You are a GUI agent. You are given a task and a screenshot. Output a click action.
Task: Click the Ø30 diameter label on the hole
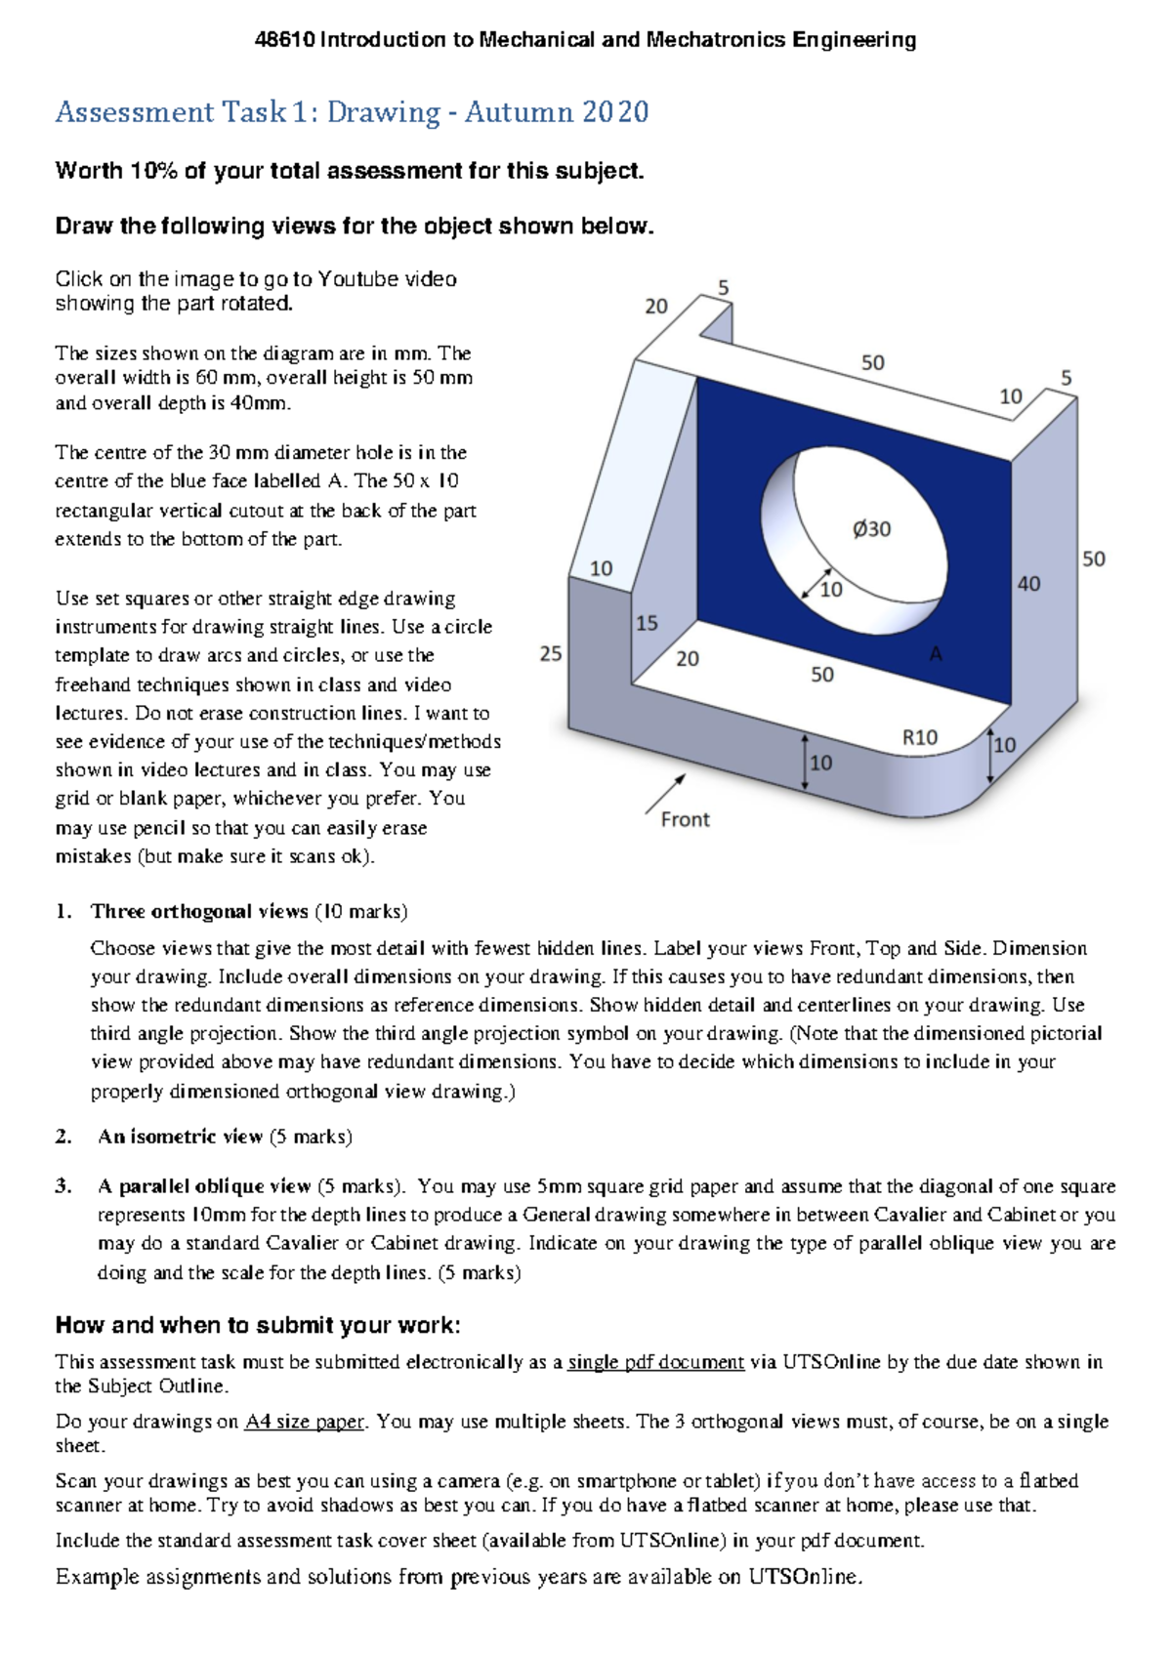(x=871, y=529)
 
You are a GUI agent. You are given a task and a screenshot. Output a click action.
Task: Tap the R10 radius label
(x=919, y=738)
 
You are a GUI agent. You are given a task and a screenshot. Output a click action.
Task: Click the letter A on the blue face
(x=936, y=654)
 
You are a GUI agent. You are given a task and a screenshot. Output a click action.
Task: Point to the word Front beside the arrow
(x=685, y=820)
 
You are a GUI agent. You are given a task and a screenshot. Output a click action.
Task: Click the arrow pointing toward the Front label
(x=665, y=794)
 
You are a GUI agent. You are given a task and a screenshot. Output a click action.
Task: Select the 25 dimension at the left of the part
(x=551, y=654)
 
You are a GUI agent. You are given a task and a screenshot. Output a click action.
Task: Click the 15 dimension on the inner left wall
(x=647, y=623)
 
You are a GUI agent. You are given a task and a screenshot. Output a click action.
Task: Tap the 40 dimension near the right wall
(x=1028, y=584)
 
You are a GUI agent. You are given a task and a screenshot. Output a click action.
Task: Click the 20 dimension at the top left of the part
(x=655, y=307)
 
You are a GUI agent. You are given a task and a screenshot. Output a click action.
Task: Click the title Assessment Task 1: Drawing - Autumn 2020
(x=352, y=112)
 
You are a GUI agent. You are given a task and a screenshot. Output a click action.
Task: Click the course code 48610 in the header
(x=284, y=40)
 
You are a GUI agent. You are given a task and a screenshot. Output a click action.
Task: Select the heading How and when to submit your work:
(x=258, y=1325)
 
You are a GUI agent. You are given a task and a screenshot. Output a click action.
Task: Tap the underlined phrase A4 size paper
(x=305, y=1422)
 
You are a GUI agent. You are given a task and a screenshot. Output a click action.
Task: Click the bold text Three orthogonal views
(x=199, y=911)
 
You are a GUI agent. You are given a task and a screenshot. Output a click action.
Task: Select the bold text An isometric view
(x=180, y=1137)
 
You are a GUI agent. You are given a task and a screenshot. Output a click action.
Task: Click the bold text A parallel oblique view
(x=203, y=1186)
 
